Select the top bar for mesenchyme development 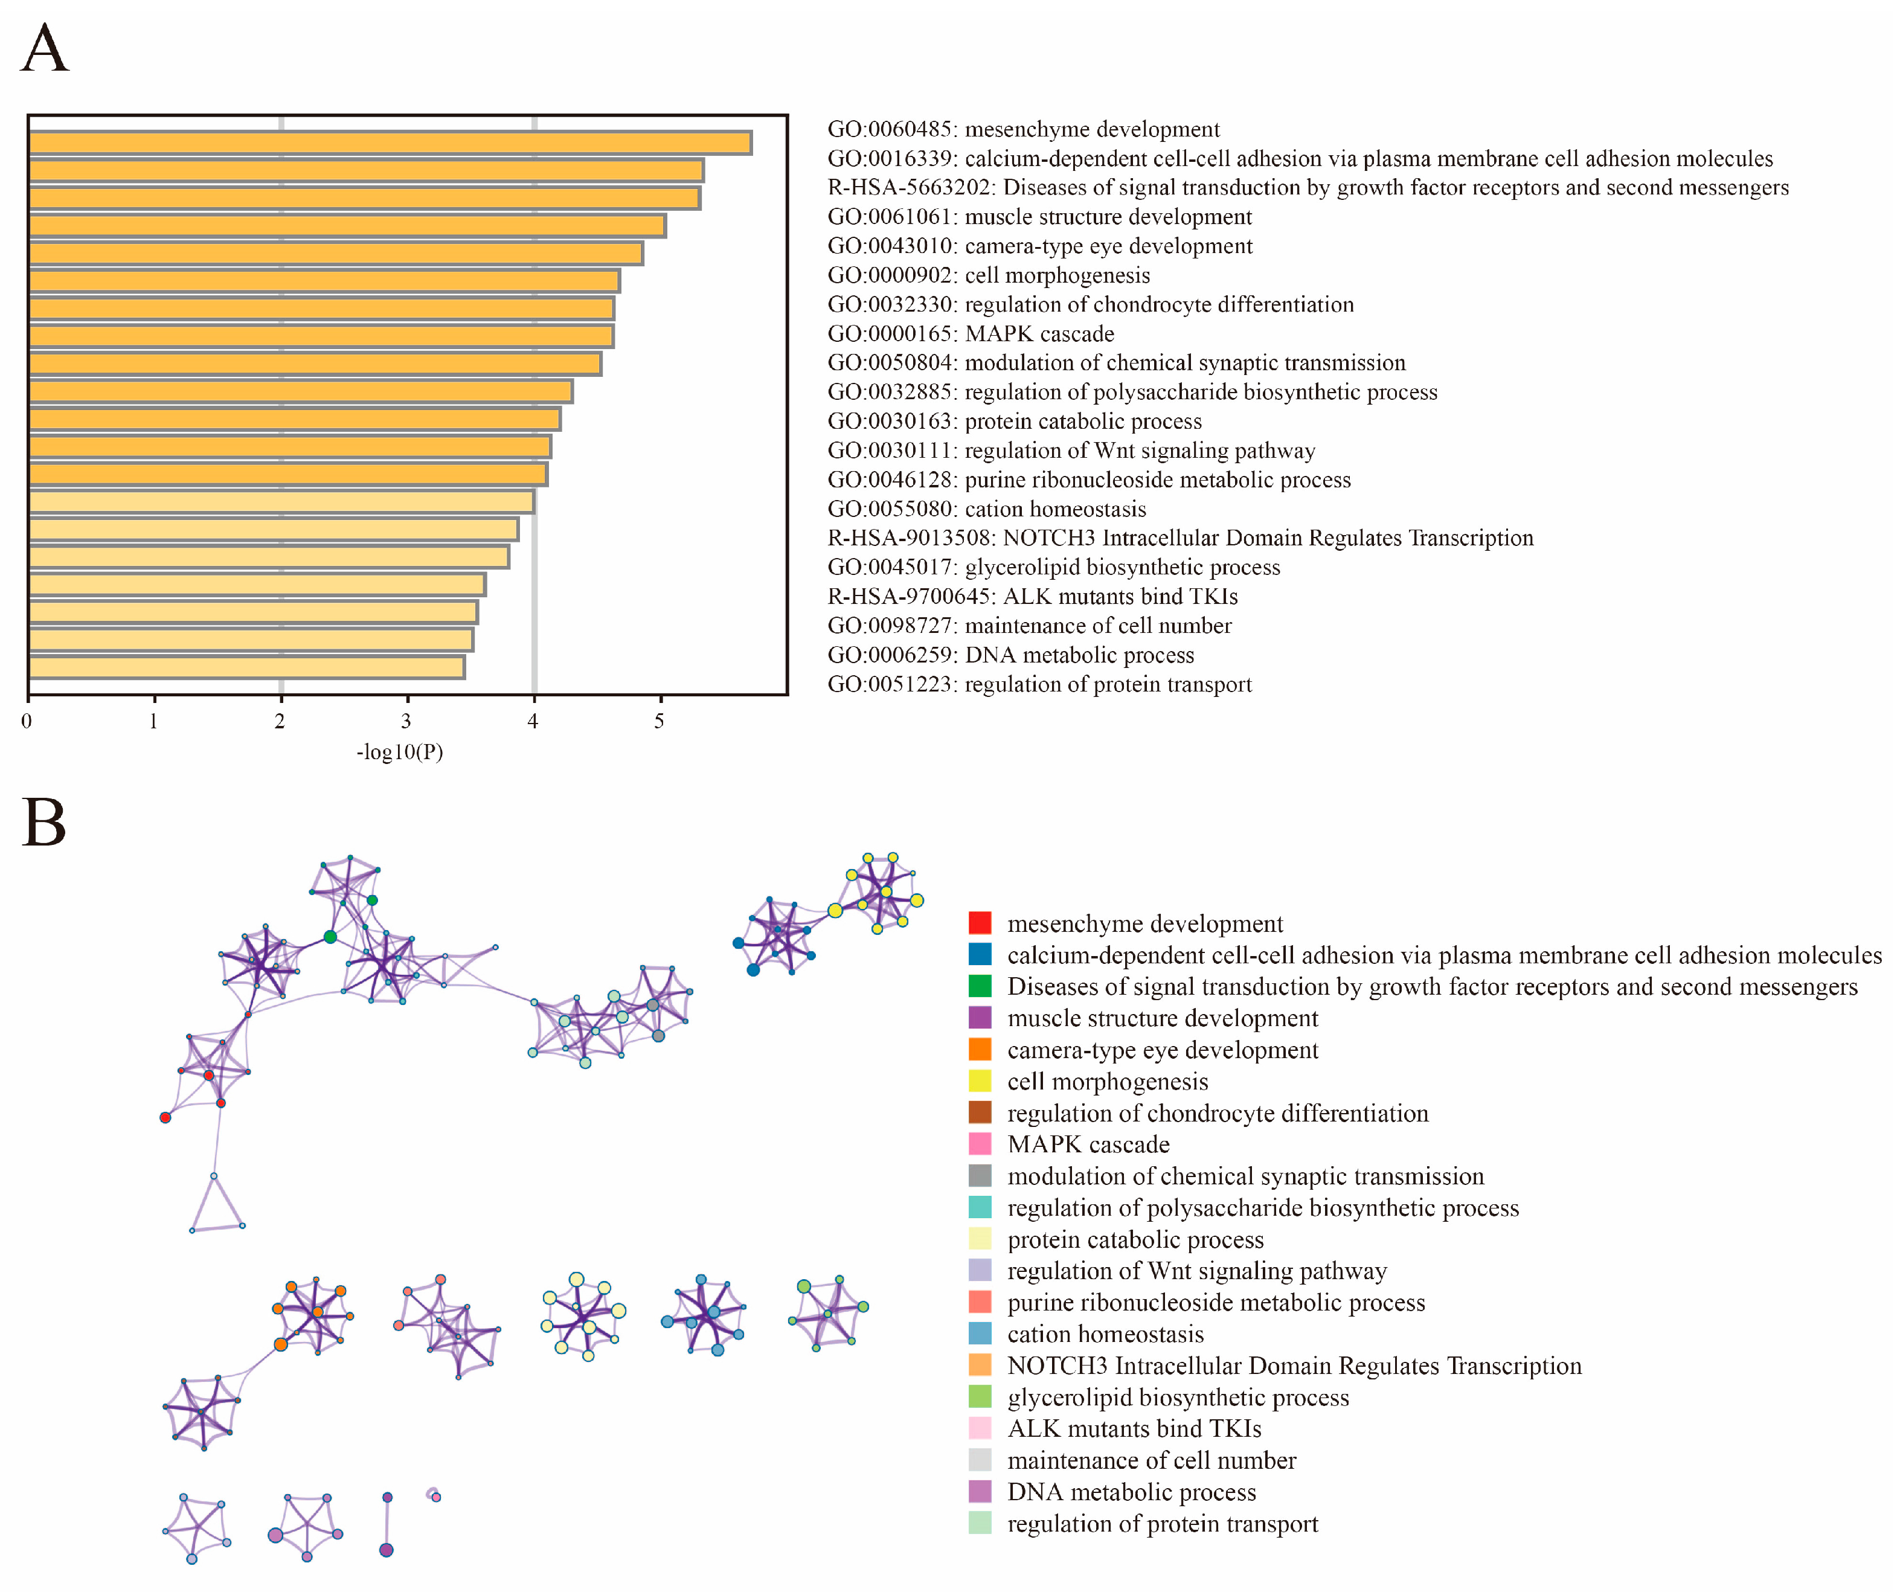pyautogui.click(x=390, y=143)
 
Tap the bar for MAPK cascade pyautogui.click(x=321, y=336)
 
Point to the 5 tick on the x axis pyautogui.click(x=659, y=721)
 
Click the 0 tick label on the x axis pyautogui.click(x=27, y=721)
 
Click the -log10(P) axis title pyautogui.click(x=400, y=751)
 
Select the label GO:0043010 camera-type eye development pyautogui.click(x=1039, y=246)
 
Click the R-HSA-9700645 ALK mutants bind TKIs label pyautogui.click(x=1032, y=596)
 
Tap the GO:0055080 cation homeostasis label pyautogui.click(x=986, y=509)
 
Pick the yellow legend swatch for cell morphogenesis pyautogui.click(x=980, y=1081)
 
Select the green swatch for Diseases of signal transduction pyautogui.click(x=980, y=986)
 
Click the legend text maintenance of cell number pyautogui.click(x=1151, y=1460)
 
